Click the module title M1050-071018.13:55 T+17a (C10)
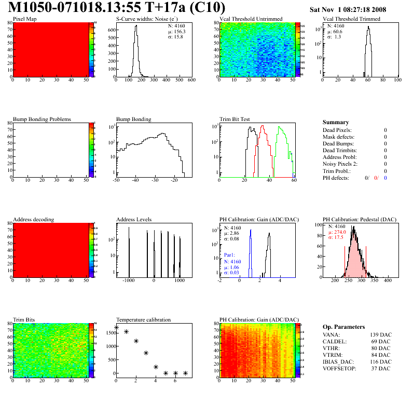coord(117,8)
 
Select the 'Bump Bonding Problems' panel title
coord(42,119)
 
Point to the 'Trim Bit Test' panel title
coord(235,119)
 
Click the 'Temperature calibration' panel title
coord(144,320)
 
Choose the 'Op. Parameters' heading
coord(343,327)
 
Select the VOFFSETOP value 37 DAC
coord(382,369)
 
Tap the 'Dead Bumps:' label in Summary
coord(337,143)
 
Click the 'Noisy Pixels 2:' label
coord(340,164)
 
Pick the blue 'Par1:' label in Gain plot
coord(230,256)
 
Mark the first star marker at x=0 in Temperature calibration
coord(116,327)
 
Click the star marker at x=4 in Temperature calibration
coord(156,367)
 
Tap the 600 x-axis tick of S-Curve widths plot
coord(191,81)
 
